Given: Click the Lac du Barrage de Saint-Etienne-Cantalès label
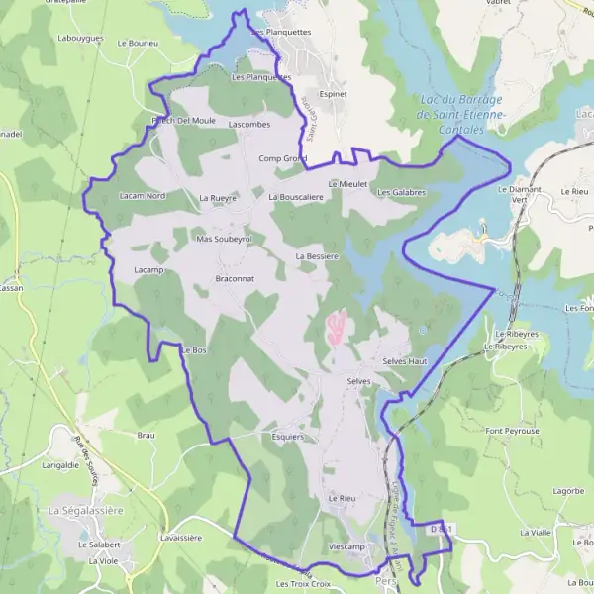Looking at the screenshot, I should (460, 115).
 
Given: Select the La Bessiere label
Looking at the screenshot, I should (318, 256).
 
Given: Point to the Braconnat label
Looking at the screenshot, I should (235, 279).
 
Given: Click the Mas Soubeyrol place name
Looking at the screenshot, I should (225, 239).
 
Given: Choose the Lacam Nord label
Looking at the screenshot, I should (143, 196).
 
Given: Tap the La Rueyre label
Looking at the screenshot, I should (219, 198).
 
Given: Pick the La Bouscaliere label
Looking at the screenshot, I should (296, 197).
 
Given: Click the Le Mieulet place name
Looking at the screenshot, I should (347, 184).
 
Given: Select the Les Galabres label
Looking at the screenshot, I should (401, 192).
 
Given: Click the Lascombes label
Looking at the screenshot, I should (248, 125).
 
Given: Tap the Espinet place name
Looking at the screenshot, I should (334, 94).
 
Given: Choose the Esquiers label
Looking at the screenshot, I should (286, 435).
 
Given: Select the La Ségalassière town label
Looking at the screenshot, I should (85, 510).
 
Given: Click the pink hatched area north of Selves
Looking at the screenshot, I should (338, 328).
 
